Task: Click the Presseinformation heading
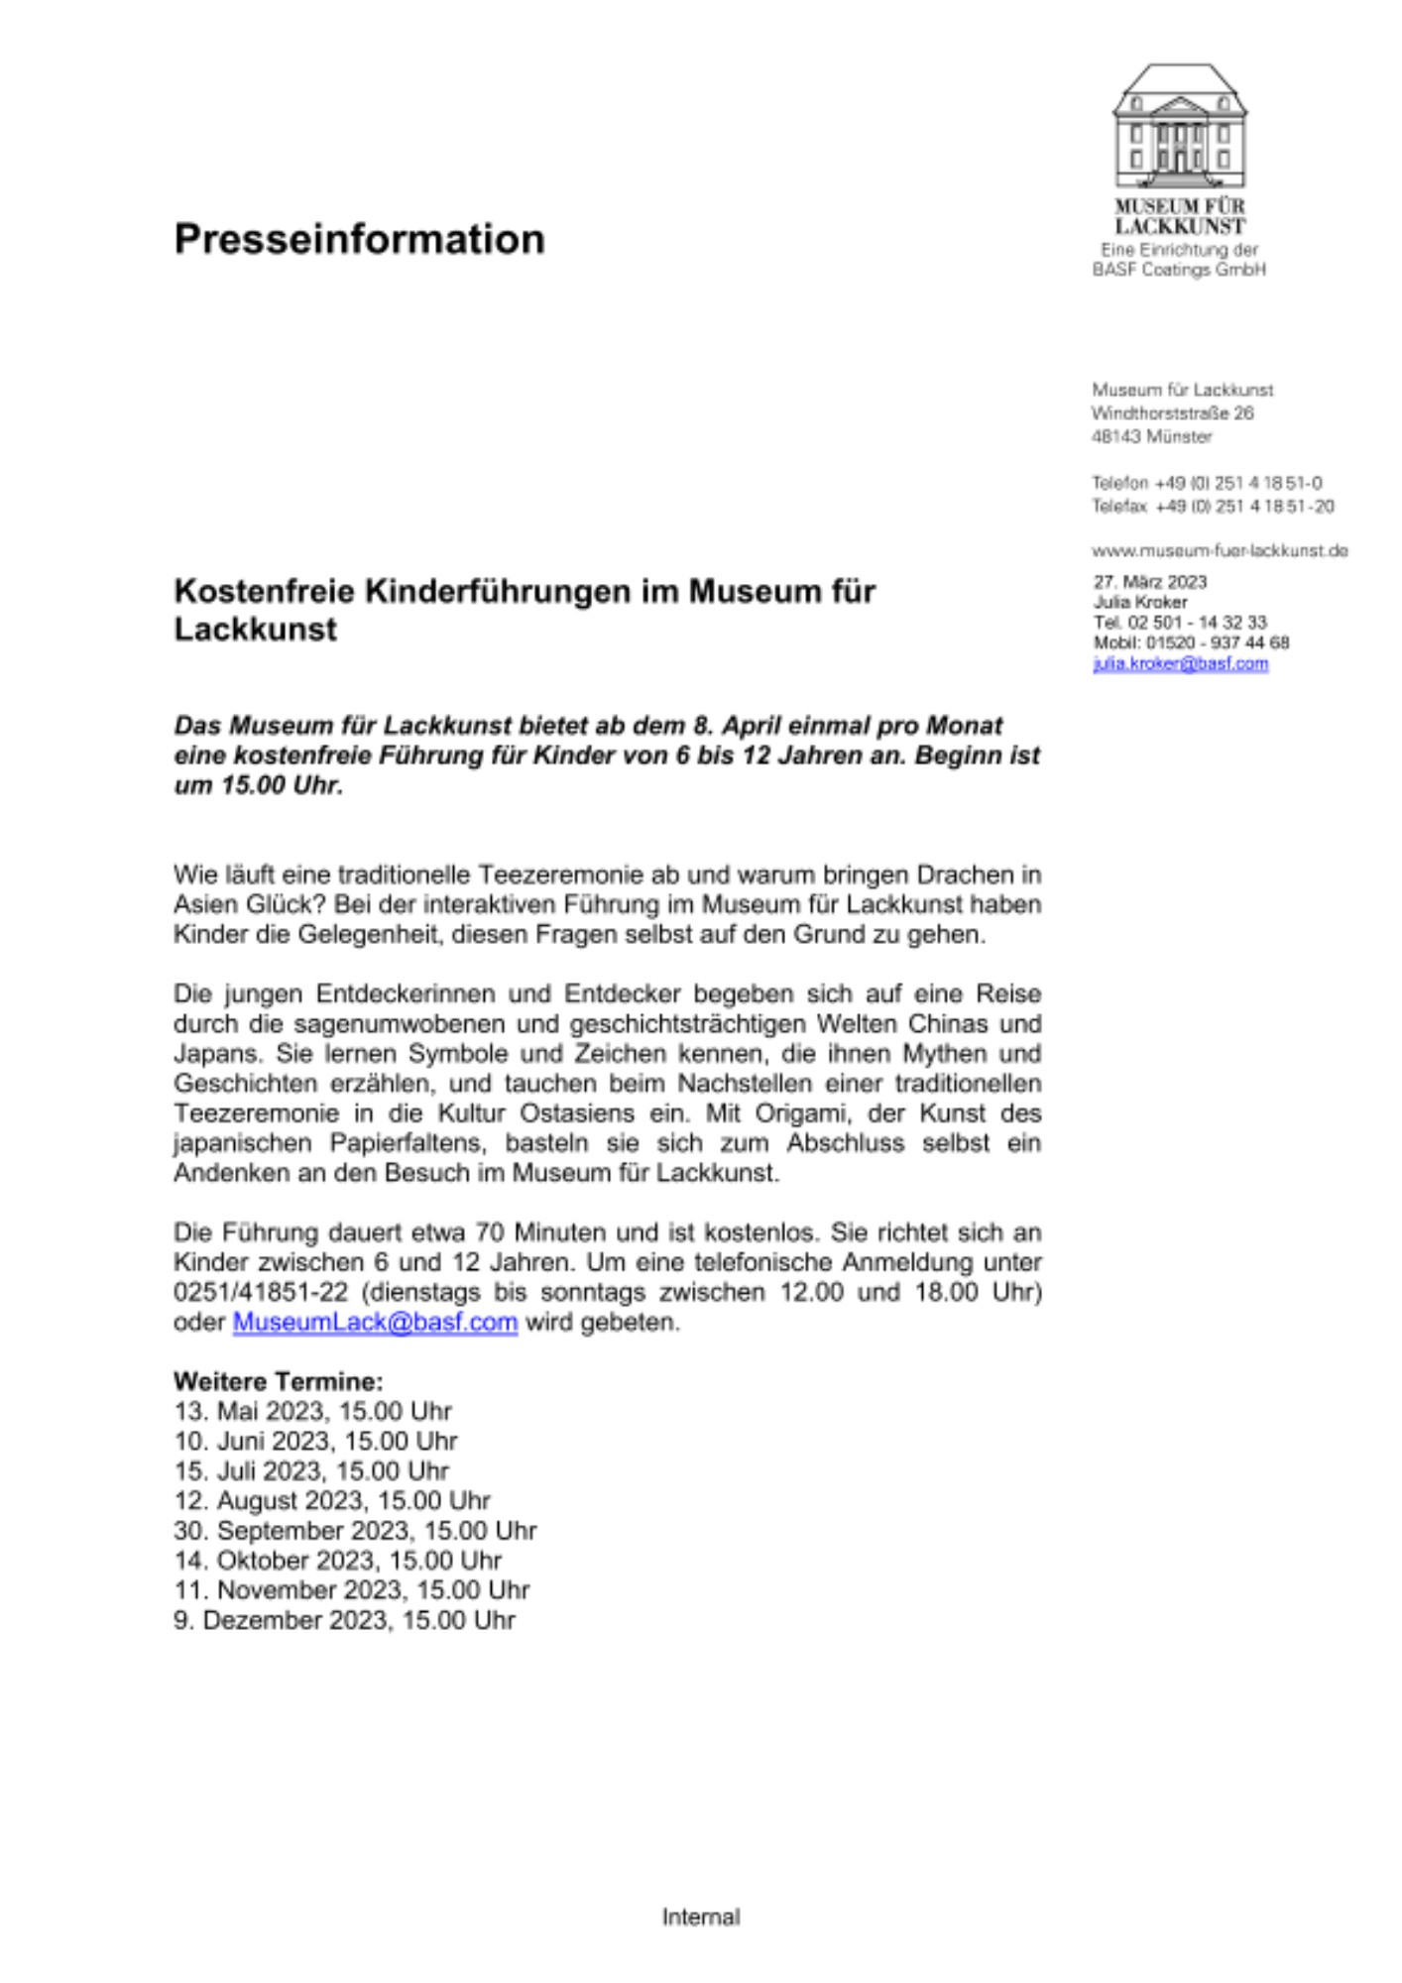(x=359, y=239)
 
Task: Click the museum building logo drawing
(x=1179, y=127)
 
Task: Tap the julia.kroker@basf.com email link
(x=1180, y=663)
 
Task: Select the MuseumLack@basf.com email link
(x=375, y=1322)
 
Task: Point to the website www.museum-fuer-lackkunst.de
(x=1219, y=550)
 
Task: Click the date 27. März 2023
(x=1150, y=582)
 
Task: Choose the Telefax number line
(x=1212, y=507)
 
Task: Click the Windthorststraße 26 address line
(x=1172, y=413)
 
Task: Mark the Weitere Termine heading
(x=278, y=1381)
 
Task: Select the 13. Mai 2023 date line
(x=312, y=1411)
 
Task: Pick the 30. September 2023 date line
(x=355, y=1530)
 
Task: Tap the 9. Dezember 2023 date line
(x=344, y=1619)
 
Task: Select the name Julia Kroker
(x=1140, y=602)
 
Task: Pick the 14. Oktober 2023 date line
(x=337, y=1560)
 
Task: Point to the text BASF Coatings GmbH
(x=1179, y=270)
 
